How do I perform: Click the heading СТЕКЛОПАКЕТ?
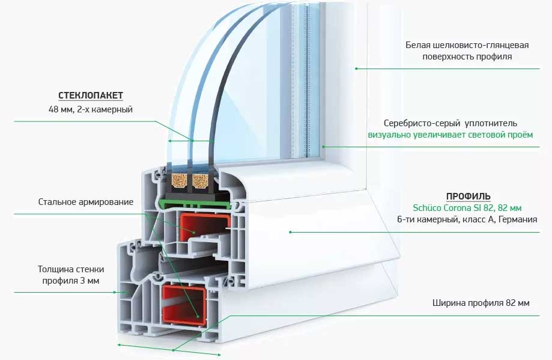point(91,96)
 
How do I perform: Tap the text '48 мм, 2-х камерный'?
point(90,109)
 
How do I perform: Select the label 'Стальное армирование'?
point(86,202)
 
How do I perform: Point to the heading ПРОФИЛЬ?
point(468,197)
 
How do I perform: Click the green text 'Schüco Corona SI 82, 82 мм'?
point(467,208)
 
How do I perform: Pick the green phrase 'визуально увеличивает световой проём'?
point(450,135)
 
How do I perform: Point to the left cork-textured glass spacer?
point(180,179)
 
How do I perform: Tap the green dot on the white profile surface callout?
point(356,69)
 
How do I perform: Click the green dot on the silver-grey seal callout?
point(323,146)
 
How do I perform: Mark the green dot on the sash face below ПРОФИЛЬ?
point(290,231)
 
